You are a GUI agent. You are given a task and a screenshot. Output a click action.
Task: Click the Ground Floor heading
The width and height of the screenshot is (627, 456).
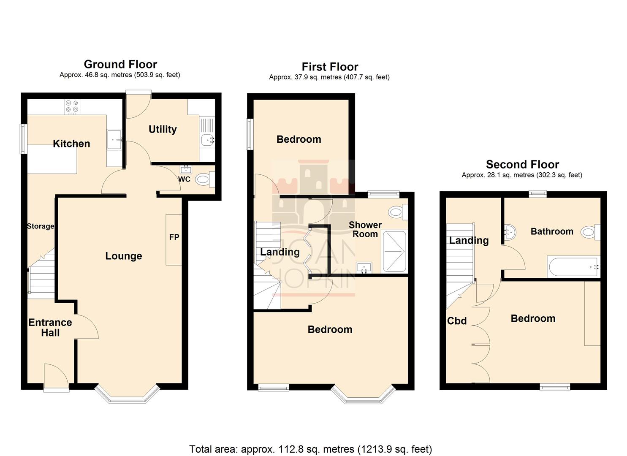click(120, 64)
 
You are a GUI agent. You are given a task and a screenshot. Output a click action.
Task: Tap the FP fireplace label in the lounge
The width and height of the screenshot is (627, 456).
click(174, 237)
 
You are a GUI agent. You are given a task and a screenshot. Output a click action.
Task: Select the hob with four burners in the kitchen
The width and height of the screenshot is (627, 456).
click(72, 107)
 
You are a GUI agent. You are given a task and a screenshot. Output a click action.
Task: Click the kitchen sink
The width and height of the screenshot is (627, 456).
click(114, 139)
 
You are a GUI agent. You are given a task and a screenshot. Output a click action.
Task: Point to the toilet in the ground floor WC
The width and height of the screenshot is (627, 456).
click(204, 180)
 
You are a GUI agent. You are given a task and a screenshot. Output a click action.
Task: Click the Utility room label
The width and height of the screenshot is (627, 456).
click(163, 129)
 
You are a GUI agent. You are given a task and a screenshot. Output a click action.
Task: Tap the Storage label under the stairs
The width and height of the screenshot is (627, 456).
click(41, 226)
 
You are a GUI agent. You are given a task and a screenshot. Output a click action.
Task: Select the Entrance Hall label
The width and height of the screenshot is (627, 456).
click(50, 328)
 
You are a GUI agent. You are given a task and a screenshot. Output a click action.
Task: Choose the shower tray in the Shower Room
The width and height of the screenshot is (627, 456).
click(394, 251)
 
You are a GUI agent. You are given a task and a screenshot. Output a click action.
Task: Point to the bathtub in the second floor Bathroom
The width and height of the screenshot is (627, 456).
click(573, 266)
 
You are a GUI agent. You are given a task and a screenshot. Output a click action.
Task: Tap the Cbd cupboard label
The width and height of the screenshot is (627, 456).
click(457, 321)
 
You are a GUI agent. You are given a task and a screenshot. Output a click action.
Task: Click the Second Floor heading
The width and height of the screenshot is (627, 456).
click(522, 164)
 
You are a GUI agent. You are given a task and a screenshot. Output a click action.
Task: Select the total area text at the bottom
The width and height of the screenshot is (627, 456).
click(310, 449)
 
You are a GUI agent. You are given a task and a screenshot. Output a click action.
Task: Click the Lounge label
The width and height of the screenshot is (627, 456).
click(123, 256)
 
